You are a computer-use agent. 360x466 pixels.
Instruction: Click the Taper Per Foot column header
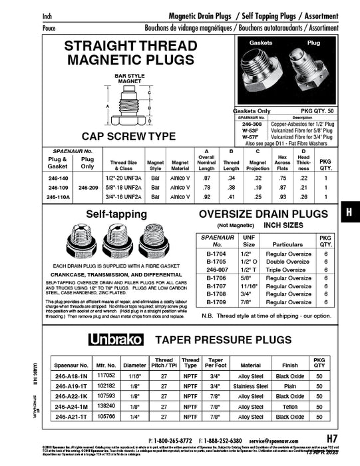(216, 362)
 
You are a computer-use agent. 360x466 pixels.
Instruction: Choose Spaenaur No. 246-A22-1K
(67, 395)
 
